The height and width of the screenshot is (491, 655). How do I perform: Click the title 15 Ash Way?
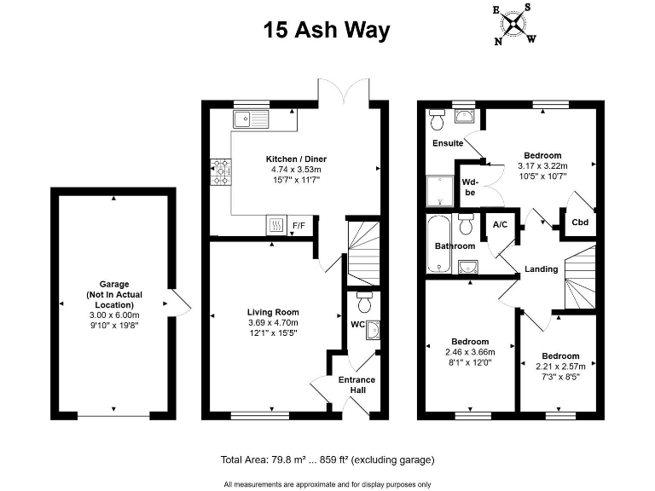click(327, 31)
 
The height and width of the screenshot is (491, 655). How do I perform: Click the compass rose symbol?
click(513, 23)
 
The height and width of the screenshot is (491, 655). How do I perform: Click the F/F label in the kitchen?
click(299, 226)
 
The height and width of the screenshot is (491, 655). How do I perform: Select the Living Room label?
click(273, 312)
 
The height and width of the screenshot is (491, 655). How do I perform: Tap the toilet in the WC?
click(364, 303)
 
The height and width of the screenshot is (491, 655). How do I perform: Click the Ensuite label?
click(448, 143)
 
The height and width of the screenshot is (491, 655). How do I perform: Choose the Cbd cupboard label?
click(580, 222)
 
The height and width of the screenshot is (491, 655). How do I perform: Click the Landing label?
click(541, 269)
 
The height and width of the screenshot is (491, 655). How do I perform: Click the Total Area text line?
click(327, 459)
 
